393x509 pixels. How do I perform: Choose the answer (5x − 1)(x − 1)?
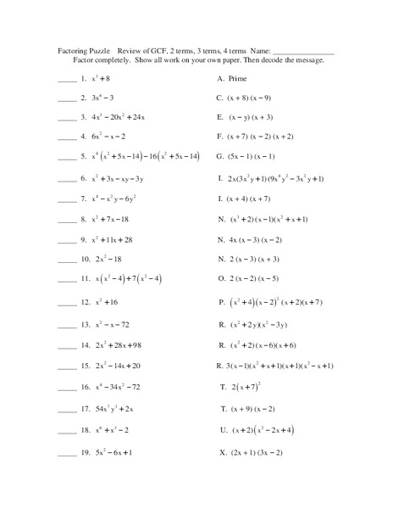coord(253,156)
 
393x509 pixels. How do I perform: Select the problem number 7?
coord(84,199)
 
